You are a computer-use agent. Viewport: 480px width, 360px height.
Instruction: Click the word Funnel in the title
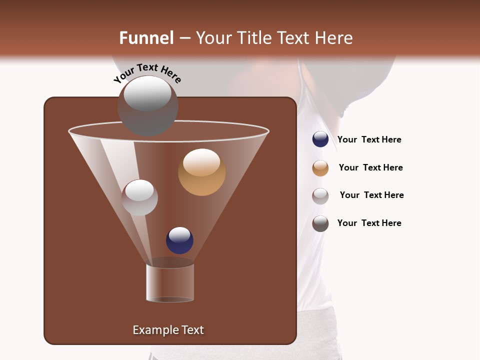click(x=146, y=38)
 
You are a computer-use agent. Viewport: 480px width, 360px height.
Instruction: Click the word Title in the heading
click(x=253, y=38)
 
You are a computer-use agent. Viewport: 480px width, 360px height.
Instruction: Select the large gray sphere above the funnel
click(x=147, y=106)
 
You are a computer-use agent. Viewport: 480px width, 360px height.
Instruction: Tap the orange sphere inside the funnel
click(x=201, y=172)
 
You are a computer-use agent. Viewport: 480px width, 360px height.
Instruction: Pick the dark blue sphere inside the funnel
click(x=179, y=240)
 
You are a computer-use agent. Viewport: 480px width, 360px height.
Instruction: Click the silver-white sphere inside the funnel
click(x=139, y=197)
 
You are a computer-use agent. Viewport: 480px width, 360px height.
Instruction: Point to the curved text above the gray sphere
click(x=147, y=72)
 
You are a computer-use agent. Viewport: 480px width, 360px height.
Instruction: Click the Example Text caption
click(x=168, y=330)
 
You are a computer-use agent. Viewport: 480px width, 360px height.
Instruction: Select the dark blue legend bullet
click(x=320, y=139)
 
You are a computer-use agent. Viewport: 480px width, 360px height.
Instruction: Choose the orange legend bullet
click(x=320, y=168)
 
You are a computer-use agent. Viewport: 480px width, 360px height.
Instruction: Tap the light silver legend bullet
click(x=320, y=196)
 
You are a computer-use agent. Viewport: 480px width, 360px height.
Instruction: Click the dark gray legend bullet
click(x=320, y=223)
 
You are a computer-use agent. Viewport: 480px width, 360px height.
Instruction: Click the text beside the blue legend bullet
click(x=369, y=140)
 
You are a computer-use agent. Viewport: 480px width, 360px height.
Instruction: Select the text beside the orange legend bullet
click(x=370, y=168)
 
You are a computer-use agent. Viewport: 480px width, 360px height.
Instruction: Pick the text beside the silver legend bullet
click(x=371, y=195)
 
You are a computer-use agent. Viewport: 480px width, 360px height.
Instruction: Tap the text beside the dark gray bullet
click(x=369, y=223)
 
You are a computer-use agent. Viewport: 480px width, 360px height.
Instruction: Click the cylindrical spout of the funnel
click(x=170, y=282)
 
